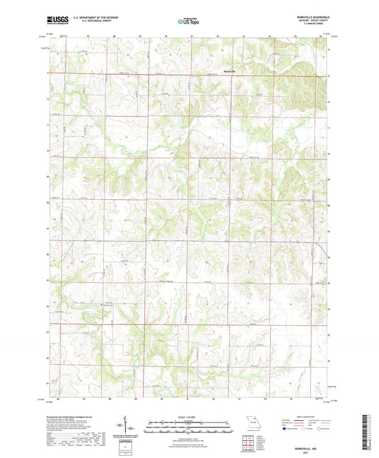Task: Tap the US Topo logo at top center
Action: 189,21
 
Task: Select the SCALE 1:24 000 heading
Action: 189,417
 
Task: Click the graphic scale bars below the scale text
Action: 189,425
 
